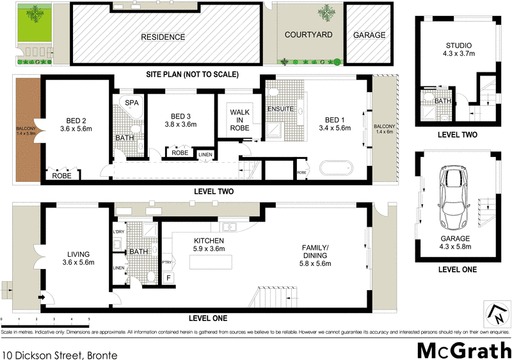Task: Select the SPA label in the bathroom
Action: (132, 102)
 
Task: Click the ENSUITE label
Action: (280, 109)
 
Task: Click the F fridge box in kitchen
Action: (168, 278)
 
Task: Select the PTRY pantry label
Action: (167, 262)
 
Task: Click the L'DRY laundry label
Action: (118, 231)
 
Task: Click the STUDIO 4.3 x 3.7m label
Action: (458, 49)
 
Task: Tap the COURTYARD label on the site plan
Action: (308, 35)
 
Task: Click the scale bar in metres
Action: (45, 320)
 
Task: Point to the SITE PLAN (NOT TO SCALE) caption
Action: (192, 74)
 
